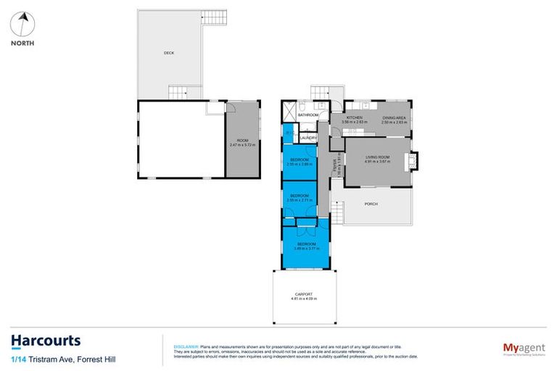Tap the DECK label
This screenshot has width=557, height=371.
(168, 53)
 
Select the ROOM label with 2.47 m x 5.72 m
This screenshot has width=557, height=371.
(242, 141)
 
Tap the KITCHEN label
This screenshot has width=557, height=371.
(355, 117)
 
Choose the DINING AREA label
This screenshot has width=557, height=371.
(395, 117)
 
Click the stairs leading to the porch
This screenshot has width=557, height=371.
(337, 211)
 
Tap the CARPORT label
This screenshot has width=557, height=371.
(304, 293)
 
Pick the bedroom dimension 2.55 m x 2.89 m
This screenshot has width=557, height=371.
(300, 164)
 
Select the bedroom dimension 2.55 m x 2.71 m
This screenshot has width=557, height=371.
(300, 200)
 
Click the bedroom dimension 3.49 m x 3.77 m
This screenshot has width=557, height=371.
(305, 249)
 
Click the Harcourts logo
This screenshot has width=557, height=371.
(46, 341)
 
